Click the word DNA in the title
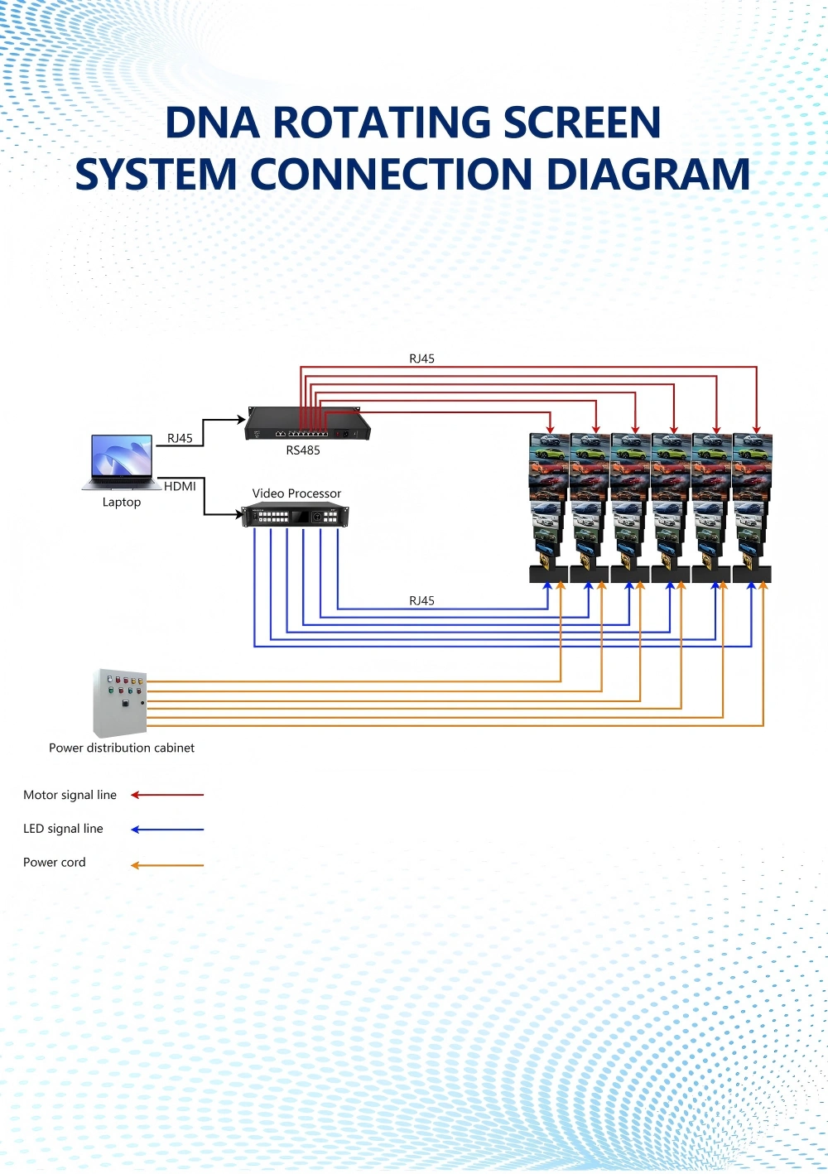213,123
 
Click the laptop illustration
122,462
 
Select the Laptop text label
122,503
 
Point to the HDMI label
180,487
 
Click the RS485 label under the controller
303,451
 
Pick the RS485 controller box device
307,424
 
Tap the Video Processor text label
296,493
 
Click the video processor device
296,515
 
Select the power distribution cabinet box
120,703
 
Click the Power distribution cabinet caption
122,748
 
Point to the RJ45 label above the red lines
421,358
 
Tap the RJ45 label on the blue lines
421,601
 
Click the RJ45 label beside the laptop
180,439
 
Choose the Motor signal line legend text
70,795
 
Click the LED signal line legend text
63,829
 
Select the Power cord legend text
54,863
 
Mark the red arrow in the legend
167,795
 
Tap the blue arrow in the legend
167,830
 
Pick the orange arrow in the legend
167,865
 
